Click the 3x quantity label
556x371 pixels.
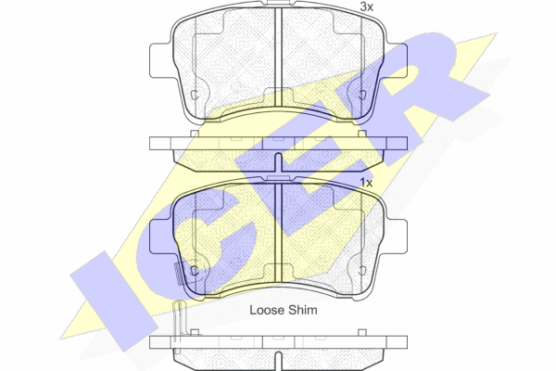pos(366,6)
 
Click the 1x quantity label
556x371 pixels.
pos(366,183)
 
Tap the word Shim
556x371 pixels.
pos(302,310)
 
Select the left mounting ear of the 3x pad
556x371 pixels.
pos(161,60)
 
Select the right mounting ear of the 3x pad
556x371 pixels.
pos(396,60)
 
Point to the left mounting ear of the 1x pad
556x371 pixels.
pos(161,237)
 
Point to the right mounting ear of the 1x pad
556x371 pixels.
pos(396,237)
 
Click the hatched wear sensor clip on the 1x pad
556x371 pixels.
pos(180,274)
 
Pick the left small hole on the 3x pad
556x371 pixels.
pos(195,95)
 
